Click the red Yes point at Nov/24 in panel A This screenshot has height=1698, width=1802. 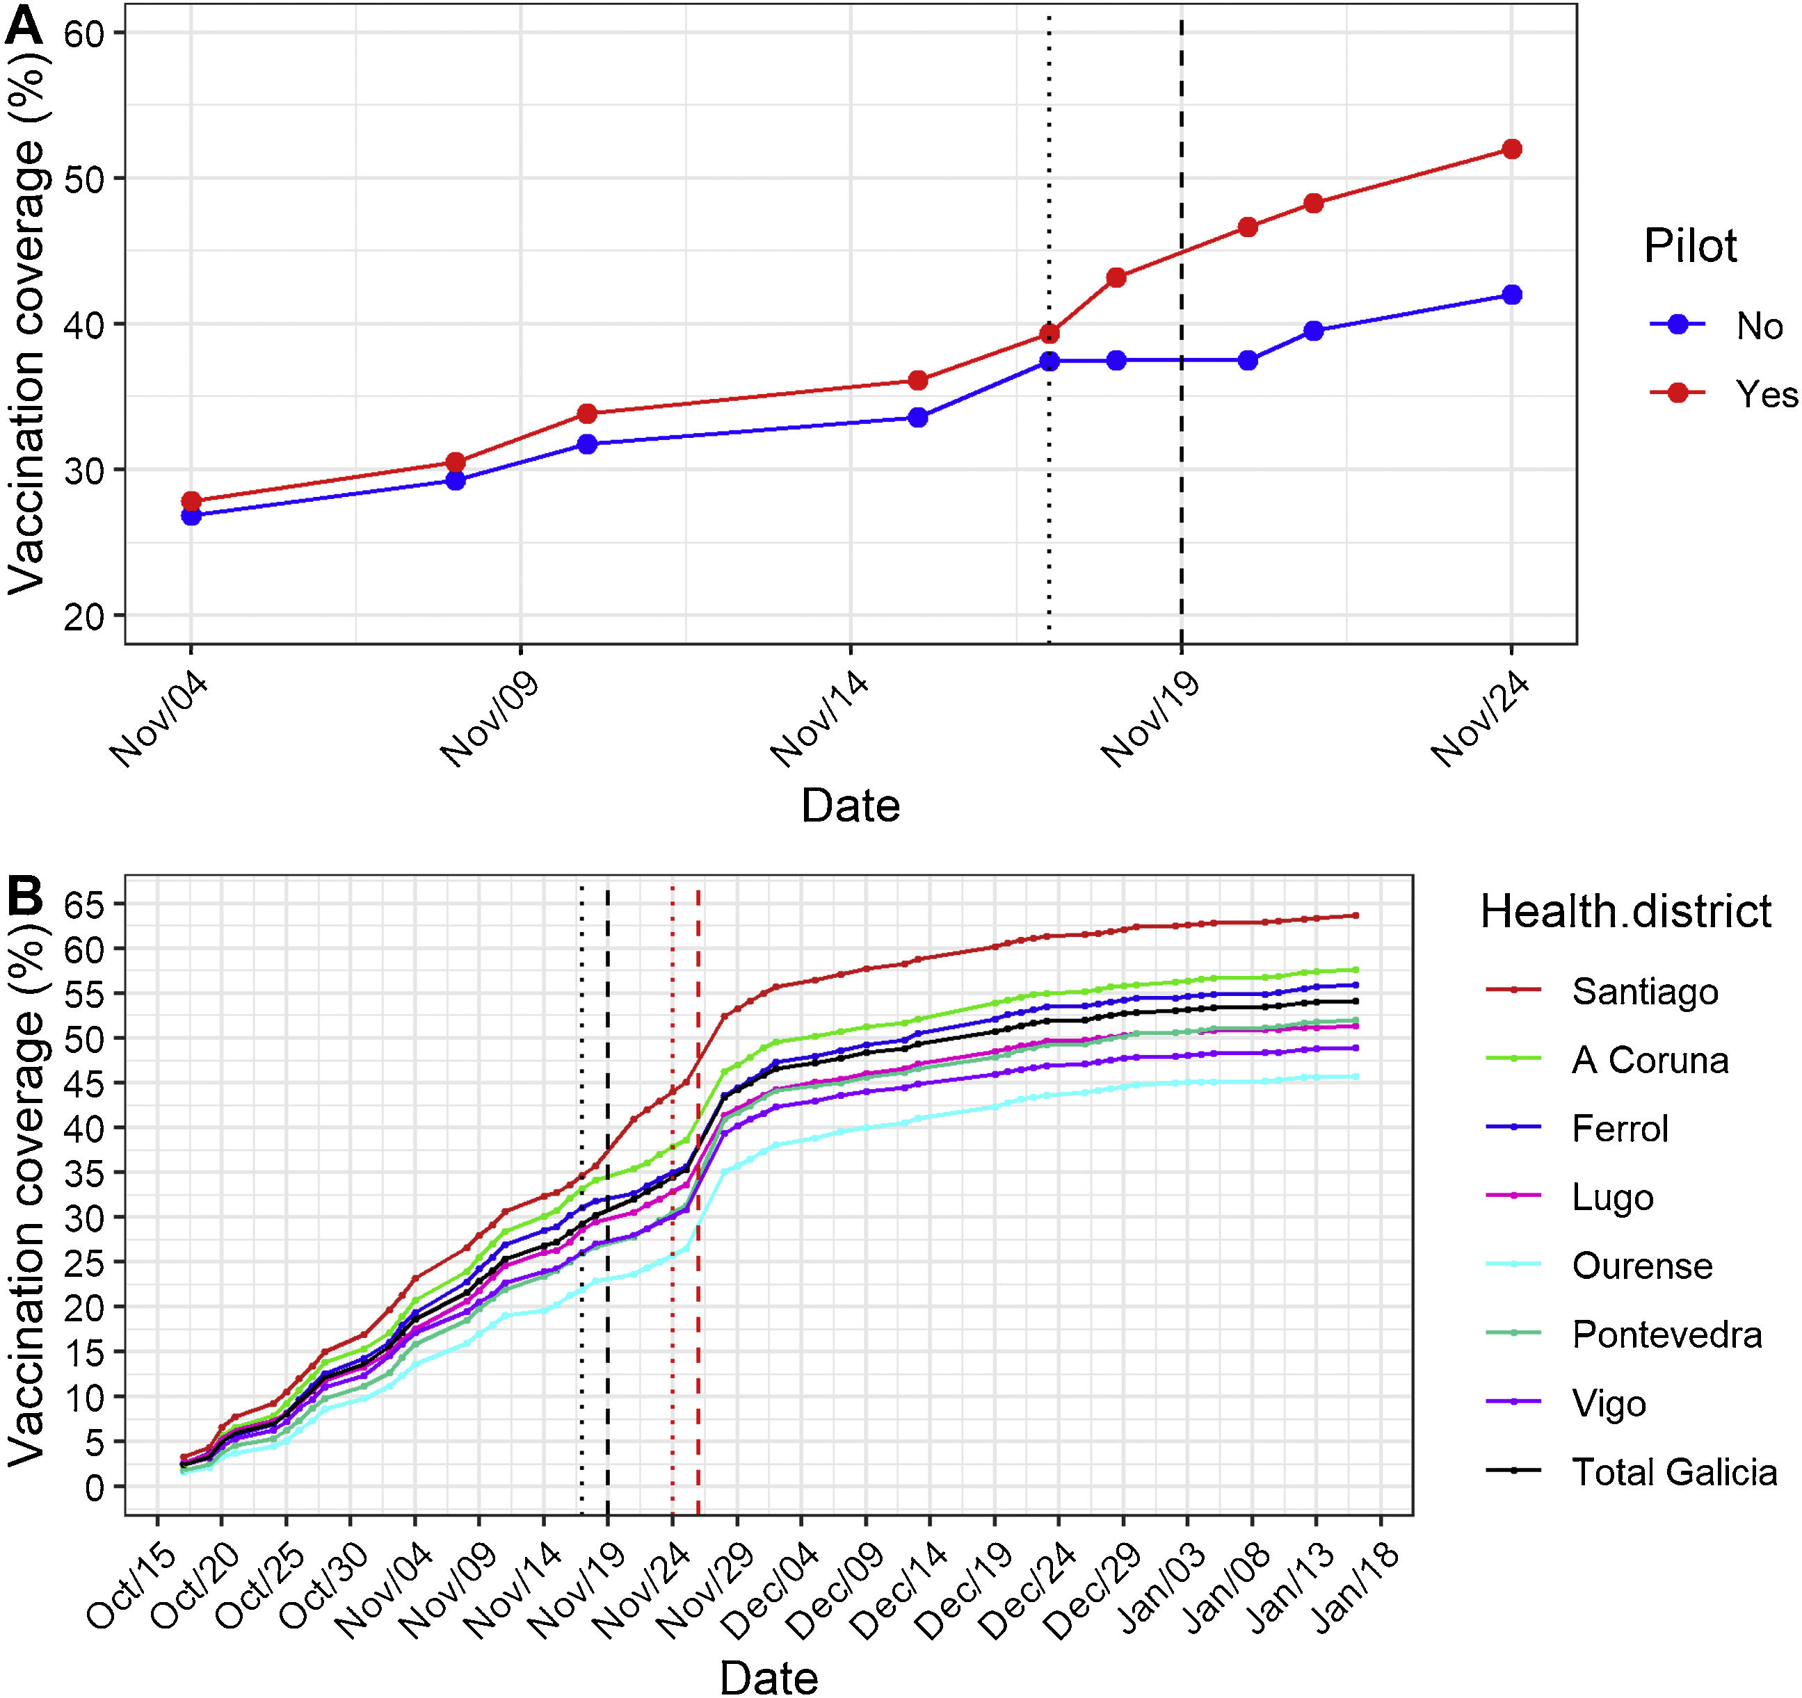pyautogui.click(x=1511, y=149)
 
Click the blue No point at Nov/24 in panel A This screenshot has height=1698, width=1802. pyautogui.click(x=1511, y=295)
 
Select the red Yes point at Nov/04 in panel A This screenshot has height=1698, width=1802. pyautogui.click(x=191, y=501)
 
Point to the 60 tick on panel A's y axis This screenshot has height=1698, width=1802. pyautogui.click(x=83, y=33)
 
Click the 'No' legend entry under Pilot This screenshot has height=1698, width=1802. pyautogui.click(x=1758, y=326)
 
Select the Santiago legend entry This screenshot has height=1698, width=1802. pyautogui.click(x=1644, y=991)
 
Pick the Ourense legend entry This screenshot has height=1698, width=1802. pyautogui.click(x=1641, y=1266)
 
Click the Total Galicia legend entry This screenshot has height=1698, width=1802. pyautogui.click(x=1673, y=1472)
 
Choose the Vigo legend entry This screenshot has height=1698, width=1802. pyautogui.click(x=1608, y=1403)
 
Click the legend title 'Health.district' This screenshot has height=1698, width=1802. pyautogui.click(x=1625, y=911)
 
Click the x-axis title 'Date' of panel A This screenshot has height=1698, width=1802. pyautogui.click(x=851, y=806)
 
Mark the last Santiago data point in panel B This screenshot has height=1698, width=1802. pyautogui.click(x=1355, y=915)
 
